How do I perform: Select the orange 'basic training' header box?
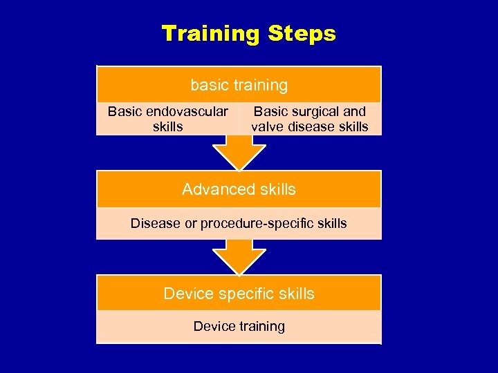point(239,85)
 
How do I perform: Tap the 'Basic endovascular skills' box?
point(167,119)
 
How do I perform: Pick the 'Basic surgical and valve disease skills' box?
point(310,119)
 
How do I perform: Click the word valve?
point(267,126)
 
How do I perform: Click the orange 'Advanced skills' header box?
point(239,189)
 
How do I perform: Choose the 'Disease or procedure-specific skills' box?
point(239,223)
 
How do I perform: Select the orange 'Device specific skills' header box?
point(239,294)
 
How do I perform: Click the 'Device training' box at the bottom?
point(239,326)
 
